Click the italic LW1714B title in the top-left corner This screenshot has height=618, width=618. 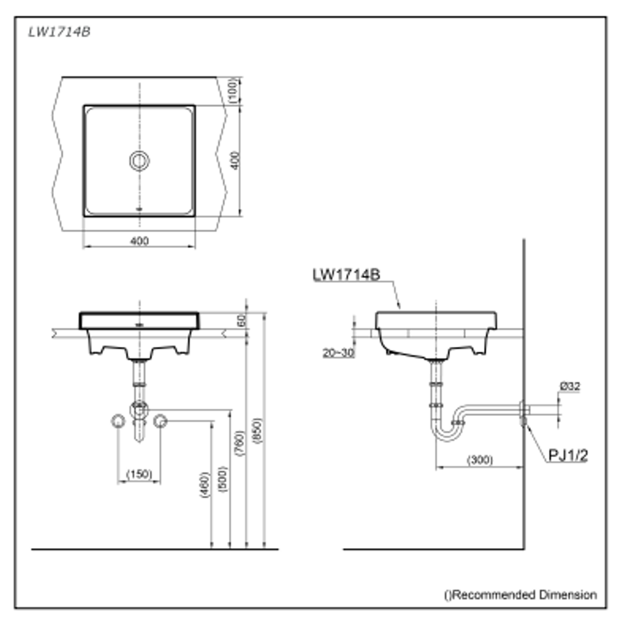pos(60,32)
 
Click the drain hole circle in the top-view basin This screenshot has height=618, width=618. pos(140,161)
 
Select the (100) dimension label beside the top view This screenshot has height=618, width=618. pos(234,90)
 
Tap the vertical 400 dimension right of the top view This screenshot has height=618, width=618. pos(234,160)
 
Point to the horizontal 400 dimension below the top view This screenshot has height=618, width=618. pos(139,241)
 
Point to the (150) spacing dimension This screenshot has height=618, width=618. pos(139,474)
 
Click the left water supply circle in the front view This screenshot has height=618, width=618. pos(118,422)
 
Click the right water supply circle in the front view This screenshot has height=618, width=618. pos(160,422)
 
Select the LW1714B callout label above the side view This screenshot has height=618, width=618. pos(346,275)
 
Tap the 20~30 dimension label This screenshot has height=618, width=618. pos(338,353)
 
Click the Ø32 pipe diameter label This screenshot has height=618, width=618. pos(570,387)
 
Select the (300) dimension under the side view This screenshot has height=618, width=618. pos(480,460)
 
